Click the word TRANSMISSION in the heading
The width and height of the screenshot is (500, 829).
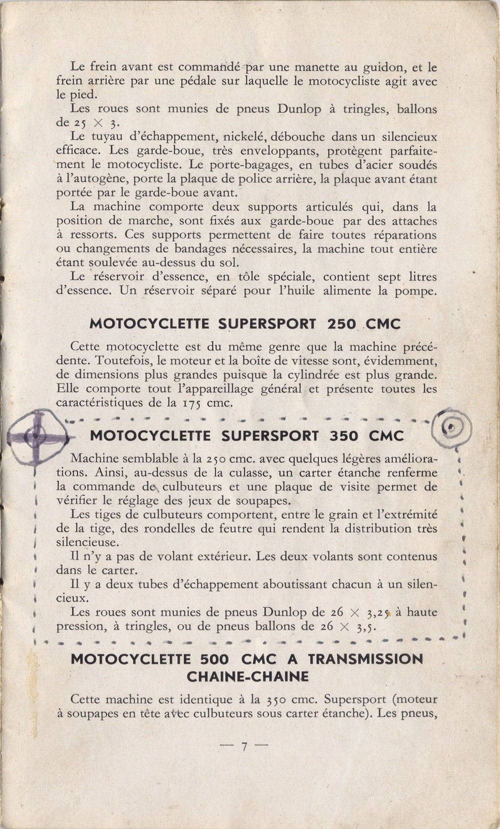click(365, 659)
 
